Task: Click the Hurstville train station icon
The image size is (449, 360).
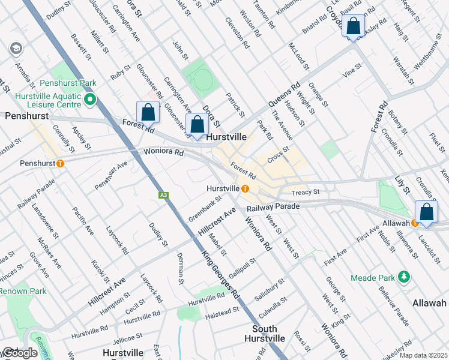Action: point(246,188)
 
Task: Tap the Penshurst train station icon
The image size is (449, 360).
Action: point(59,163)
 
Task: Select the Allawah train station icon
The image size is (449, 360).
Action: point(414,223)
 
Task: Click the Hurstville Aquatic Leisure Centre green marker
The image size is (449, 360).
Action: point(90,100)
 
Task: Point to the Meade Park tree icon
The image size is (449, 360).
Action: point(405,277)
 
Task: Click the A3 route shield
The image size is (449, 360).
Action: point(163,195)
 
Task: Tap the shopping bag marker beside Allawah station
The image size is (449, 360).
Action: point(426,212)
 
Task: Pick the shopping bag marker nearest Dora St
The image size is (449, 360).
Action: point(197,124)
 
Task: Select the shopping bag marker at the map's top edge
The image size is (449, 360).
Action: point(354,26)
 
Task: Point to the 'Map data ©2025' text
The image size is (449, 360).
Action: point(423,355)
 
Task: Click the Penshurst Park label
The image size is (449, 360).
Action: point(68,83)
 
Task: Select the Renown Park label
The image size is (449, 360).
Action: point(22,292)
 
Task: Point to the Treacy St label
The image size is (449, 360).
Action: point(303,193)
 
